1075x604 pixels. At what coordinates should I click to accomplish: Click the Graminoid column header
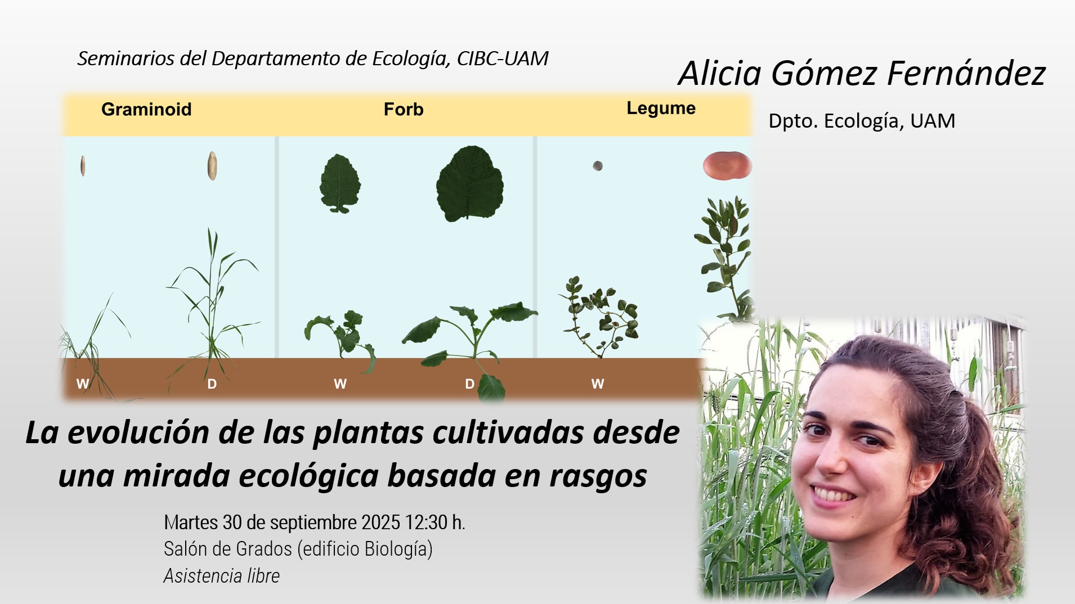point(146,109)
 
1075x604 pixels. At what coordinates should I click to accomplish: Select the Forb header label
point(404,109)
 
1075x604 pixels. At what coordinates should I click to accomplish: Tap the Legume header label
point(661,109)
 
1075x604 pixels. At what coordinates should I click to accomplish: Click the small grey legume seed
point(598,166)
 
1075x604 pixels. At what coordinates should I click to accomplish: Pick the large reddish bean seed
point(727,166)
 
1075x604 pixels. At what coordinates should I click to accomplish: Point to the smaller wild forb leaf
point(340,183)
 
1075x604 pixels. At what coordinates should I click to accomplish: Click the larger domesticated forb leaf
point(470,183)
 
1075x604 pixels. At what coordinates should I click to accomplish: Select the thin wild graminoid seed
point(83,166)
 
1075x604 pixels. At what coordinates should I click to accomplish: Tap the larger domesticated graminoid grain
point(212,166)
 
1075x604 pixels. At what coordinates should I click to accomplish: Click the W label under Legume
point(598,384)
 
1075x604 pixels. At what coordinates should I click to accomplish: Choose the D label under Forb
point(469,384)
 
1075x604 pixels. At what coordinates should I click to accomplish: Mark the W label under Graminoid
point(83,384)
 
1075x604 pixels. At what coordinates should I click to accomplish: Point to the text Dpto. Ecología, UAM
point(862,121)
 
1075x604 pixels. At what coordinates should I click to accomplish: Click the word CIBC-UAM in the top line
point(502,58)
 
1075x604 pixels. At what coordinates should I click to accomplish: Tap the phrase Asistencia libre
point(222,576)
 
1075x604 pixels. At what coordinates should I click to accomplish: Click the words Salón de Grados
point(228,549)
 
